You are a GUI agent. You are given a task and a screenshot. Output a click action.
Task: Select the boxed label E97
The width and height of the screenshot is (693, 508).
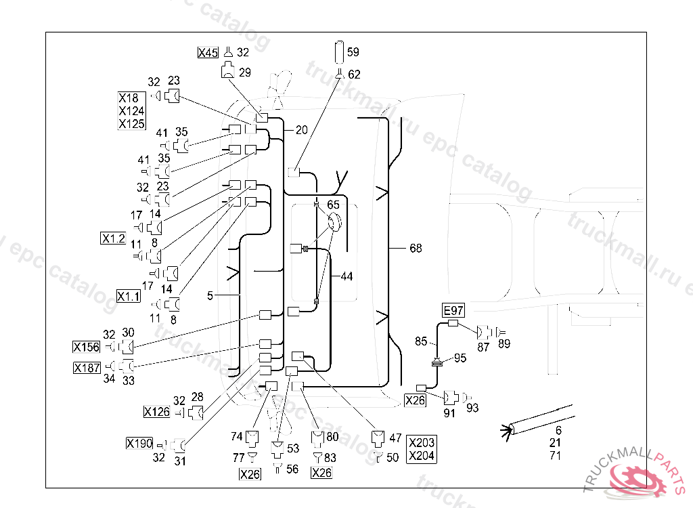coord(453,310)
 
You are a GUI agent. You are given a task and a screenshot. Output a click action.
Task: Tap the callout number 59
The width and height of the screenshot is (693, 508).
coord(353,51)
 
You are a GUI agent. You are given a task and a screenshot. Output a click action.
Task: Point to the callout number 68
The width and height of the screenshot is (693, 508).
coord(416,249)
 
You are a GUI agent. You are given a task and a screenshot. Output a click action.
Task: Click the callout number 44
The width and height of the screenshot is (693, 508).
coord(346,276)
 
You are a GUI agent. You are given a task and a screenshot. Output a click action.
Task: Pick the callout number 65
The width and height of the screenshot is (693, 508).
coord(334,204)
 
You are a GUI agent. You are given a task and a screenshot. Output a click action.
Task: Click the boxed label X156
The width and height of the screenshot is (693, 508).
coord(86,347)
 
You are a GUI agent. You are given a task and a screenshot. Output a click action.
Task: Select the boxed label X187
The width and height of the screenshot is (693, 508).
coord(87,368)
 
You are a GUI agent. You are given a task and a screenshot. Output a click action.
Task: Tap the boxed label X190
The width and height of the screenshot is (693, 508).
coord(139,444)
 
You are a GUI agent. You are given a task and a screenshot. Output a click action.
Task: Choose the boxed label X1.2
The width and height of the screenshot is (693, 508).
coord(113,238)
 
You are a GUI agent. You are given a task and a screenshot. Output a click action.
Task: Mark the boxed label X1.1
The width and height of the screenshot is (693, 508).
coord(128,296)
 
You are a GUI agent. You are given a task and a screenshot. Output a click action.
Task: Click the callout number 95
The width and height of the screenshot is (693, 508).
coord(460,358)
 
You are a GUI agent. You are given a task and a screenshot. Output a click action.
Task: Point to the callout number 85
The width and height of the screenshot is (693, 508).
coord(421,342)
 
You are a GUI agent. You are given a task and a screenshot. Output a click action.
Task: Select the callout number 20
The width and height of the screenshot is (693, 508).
coord(301,130)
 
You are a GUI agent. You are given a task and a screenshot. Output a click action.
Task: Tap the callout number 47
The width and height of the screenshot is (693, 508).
coord(396,438)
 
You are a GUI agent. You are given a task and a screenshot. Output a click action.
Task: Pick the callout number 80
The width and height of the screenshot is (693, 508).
coord(333,437)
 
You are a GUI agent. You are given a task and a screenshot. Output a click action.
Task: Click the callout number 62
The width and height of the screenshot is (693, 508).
coord(355,75)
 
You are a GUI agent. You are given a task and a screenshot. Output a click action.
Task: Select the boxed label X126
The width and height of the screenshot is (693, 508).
coord(156,411)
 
